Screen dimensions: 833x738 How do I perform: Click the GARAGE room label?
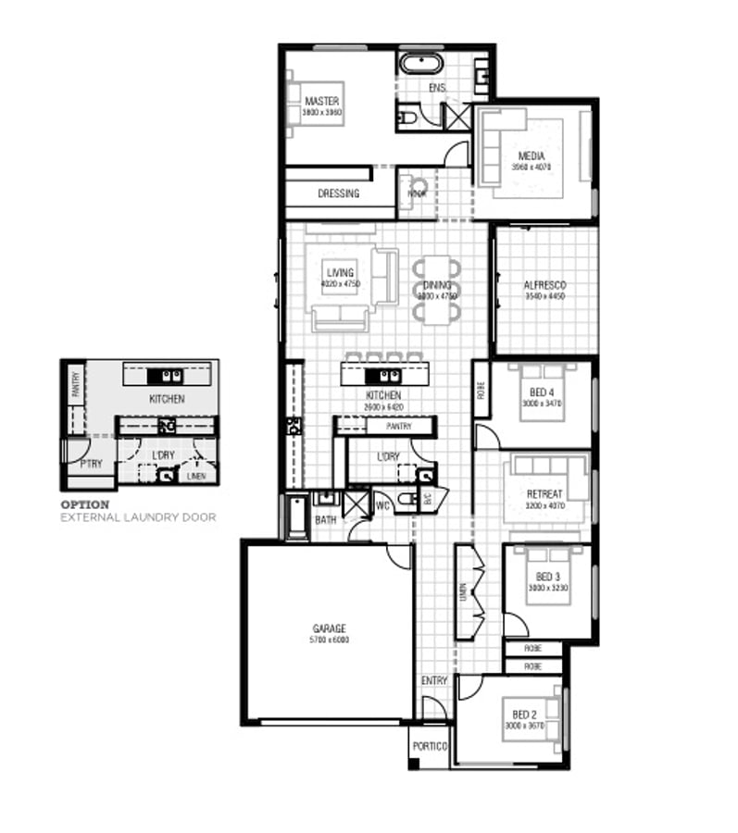330,628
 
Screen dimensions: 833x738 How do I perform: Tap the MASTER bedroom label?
321,101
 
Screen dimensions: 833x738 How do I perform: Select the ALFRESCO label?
544,285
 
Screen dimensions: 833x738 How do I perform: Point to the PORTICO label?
430,746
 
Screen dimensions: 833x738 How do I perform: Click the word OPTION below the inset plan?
84,504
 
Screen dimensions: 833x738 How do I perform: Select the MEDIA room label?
532,156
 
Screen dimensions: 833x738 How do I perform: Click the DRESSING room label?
338,193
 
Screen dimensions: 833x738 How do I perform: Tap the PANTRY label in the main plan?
398,427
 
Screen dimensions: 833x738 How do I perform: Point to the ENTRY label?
434,680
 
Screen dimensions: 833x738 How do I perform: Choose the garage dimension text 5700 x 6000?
330,640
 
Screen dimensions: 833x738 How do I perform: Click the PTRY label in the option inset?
91,464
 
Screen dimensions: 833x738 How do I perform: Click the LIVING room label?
340,273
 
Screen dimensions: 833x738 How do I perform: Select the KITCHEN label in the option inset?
167,399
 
